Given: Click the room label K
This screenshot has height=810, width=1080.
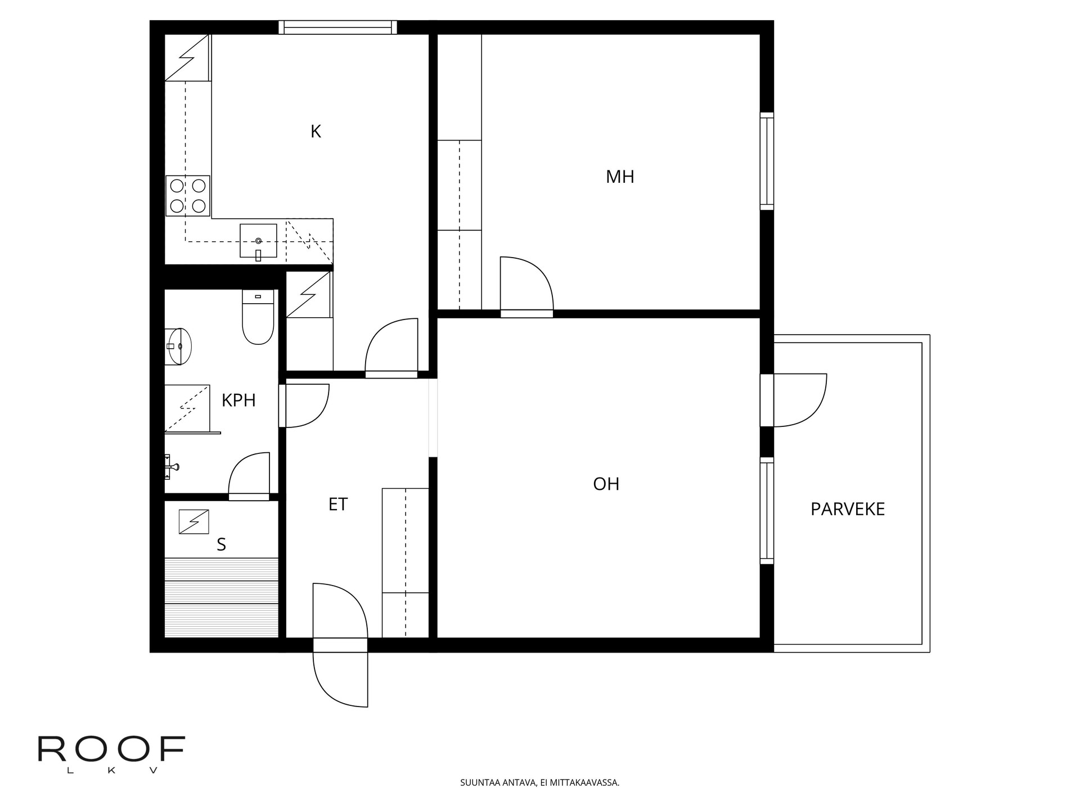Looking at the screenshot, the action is point(316,132).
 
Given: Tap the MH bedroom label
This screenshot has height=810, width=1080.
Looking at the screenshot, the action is point(620,177).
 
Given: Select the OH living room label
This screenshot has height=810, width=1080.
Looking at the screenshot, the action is point(606,484).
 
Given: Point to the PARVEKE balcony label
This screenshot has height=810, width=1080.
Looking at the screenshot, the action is point(848,509).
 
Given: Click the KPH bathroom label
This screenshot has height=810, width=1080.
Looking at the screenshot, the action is point(238,400).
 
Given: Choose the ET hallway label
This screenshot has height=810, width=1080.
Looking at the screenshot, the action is point(338,505).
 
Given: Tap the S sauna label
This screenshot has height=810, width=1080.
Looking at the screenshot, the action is point(221,544).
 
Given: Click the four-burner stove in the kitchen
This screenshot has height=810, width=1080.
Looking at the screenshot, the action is point(188,196).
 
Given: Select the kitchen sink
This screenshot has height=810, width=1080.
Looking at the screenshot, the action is point(258,241).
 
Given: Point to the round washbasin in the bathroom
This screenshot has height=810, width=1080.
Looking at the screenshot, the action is point(179,346).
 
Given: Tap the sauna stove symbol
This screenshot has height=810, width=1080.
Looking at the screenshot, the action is point(193,521).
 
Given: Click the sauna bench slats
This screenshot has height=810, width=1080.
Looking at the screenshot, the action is point(222,597).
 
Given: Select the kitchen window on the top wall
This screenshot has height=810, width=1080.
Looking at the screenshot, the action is point(337,27).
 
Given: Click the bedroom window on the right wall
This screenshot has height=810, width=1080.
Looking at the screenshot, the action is point(767,161).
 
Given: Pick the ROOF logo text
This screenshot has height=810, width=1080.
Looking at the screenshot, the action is point(111,749).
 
